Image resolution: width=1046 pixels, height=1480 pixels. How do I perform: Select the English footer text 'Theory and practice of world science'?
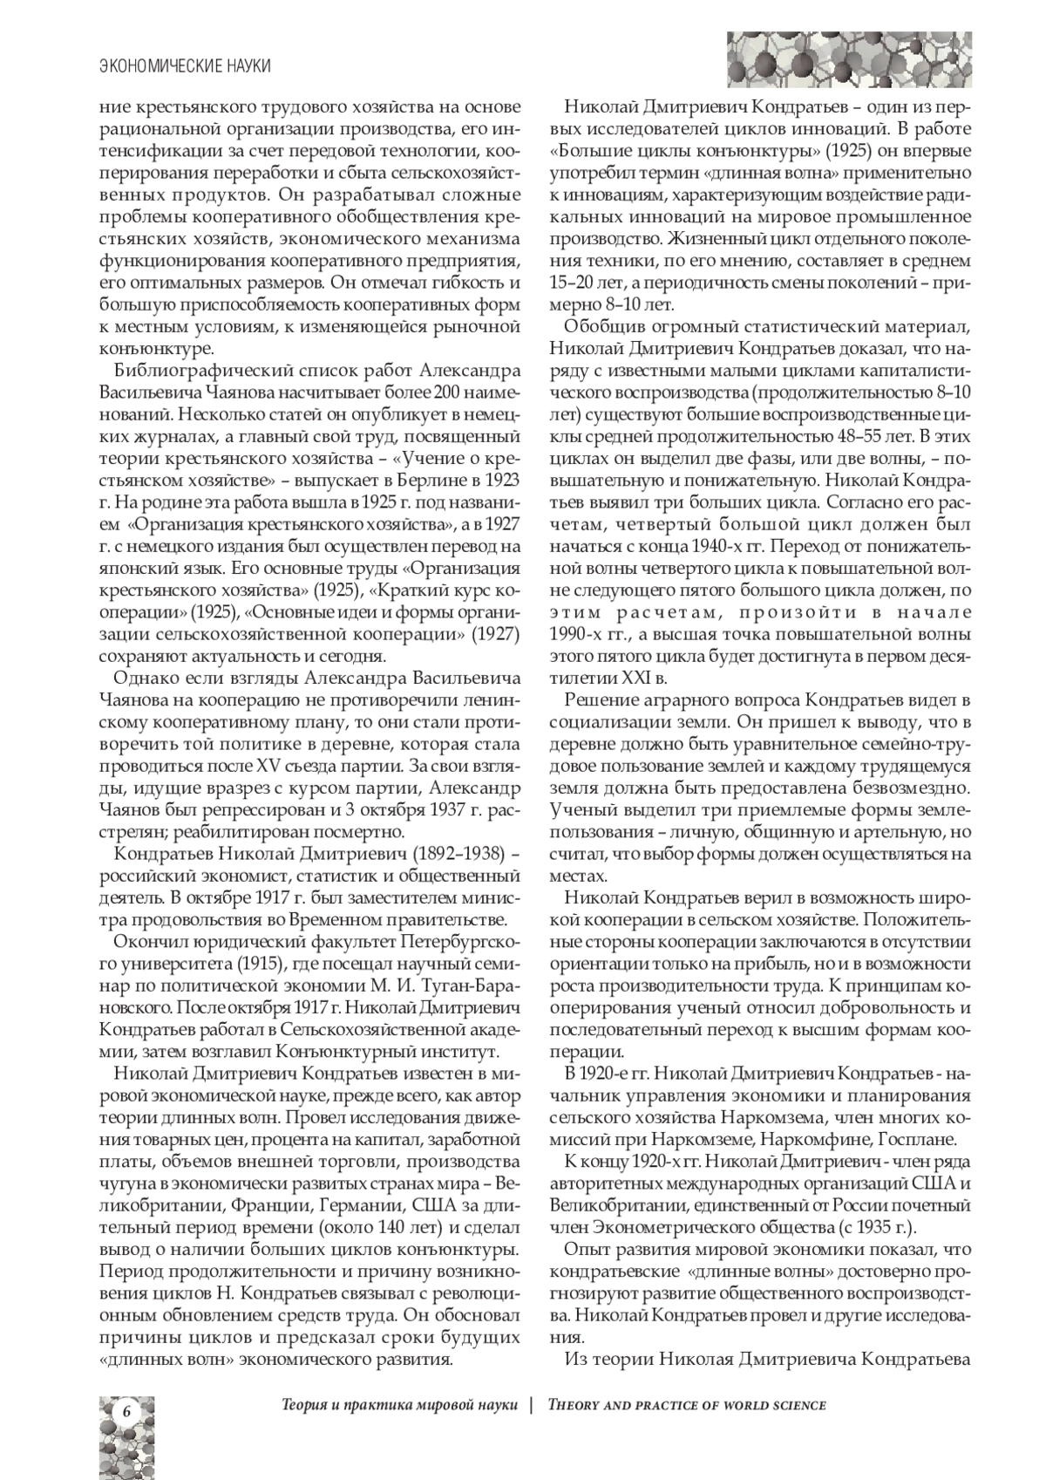pyautogui.click(x=687, y=1405)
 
